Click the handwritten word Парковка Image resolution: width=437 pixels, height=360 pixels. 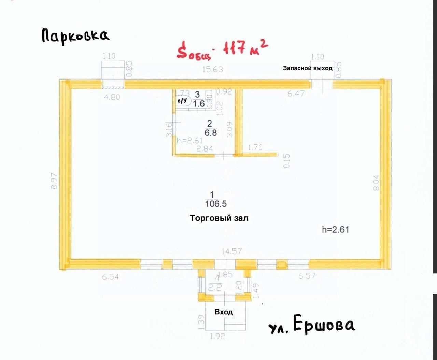pos(75,35)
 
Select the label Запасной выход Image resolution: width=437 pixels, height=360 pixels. pos(308,68)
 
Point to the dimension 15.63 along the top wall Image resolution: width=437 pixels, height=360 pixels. pos(212,69)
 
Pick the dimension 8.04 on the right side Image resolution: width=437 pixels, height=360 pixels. pos(376,183)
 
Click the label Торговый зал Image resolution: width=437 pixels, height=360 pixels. pos(219,218)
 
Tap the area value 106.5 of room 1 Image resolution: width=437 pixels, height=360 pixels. pos(215,204)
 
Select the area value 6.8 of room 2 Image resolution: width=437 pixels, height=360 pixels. pos(210,132)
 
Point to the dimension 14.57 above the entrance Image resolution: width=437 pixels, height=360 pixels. pos(232,251)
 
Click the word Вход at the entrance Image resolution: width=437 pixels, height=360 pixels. pos(224,312)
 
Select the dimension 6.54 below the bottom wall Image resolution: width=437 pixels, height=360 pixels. pos(110,277)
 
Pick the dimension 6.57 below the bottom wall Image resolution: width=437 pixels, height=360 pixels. pos(307,276)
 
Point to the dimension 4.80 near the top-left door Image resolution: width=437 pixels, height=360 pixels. pos(112,97)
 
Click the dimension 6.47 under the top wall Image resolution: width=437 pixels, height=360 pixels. pos(296,93)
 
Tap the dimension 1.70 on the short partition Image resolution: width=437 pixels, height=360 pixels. pos(255,147)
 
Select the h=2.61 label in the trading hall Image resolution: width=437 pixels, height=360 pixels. pos(335,230)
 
